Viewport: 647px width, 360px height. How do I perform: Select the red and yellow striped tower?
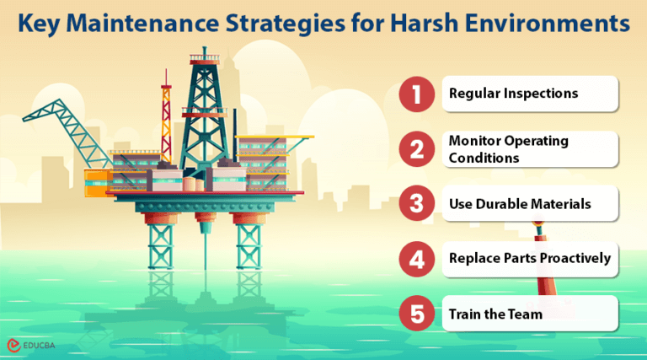(x=166, y=126)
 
